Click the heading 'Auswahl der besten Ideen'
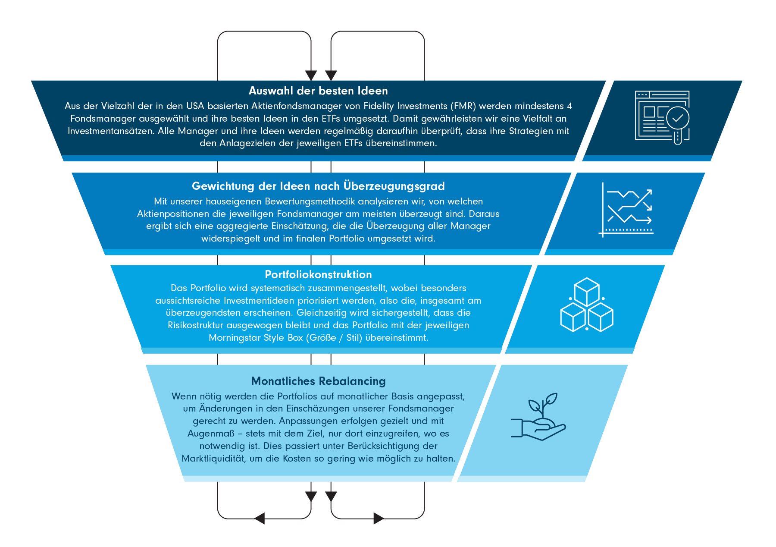pyautogui.click(x=318, y=91)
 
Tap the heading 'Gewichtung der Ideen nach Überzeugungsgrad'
pyautogui.click(x=318, y=186)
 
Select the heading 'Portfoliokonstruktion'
pyautogui.click(x=318, y=274)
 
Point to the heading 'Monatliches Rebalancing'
pyautogui.click(x=318, y=381)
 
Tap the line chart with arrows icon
pyautogui.click(x=626, y=210)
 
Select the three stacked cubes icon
pyautogui.click(x=586, y=305)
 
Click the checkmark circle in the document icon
pyautogui.click(x=677, y=118)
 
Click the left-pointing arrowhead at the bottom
pyautogui.click(x=260, y=518)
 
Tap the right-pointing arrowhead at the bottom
pyautogui.click(x=379, y=518)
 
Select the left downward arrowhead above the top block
pyautogui.click(x=311, y=75)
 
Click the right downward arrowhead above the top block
pyautogui.click(x=331, y=75)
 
